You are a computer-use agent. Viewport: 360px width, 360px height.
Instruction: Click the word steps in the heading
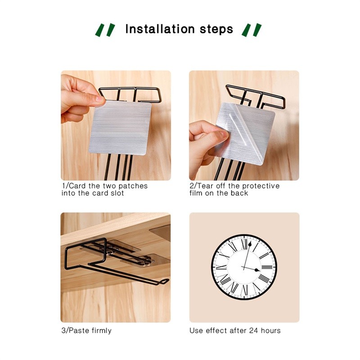216,30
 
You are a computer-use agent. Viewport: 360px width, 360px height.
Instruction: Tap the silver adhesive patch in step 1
120,128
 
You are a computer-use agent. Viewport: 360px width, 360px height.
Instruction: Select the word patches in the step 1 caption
133,186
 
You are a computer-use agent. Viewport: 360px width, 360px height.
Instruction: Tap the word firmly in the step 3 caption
102,331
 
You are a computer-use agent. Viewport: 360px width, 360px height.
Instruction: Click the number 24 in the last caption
254,330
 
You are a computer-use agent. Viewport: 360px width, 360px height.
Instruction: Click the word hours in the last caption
271,330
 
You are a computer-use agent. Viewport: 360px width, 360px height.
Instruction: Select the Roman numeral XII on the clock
245,244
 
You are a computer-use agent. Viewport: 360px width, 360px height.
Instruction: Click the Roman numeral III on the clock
267,267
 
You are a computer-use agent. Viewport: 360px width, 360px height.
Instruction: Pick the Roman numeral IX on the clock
221,267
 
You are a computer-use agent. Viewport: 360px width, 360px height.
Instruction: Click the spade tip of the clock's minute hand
250,244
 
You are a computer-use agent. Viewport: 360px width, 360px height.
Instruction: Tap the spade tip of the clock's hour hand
257,270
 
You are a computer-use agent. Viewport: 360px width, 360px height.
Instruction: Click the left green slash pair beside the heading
105,30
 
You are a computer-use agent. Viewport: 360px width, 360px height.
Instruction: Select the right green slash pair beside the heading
252,30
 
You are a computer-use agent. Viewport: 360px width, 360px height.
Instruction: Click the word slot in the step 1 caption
117,193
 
